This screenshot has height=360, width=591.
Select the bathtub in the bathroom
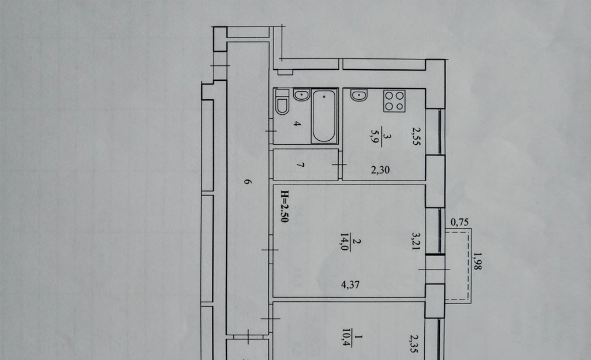(324, 117)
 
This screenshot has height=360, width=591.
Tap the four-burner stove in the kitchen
(395, 101)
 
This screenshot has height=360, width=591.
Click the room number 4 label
(298, 123)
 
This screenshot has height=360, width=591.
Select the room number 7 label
(300, 165)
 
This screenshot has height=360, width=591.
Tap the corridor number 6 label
(247, 182)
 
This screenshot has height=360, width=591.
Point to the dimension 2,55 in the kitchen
(416, 136)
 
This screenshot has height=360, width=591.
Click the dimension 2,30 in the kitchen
(380, 170)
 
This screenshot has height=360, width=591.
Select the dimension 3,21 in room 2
(416, 242)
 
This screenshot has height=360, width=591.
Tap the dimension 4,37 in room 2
(350, 284)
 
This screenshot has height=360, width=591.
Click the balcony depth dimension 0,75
(460, 222)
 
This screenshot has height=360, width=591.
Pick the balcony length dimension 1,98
(477, 261)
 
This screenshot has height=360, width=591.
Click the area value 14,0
(344, 242)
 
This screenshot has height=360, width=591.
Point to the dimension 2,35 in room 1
(416, 343)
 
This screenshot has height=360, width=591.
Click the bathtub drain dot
(324, 97)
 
